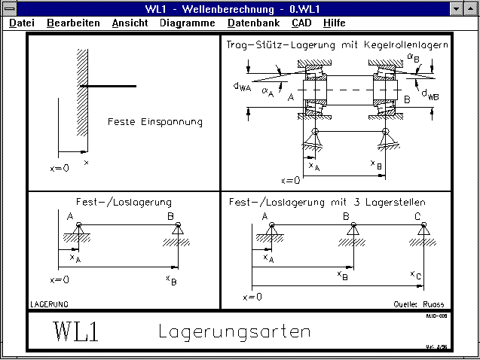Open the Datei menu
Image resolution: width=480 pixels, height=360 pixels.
[x=22, y=23]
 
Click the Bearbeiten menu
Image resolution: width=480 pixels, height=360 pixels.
[x=73, y=23]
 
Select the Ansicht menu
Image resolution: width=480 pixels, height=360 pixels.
[x=130, y=23]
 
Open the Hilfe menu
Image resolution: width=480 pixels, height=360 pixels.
[x=334, y=23]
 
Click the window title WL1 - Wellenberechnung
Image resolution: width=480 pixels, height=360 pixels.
[x=240, y=8]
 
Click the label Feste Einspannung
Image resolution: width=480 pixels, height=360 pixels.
[x=155, y=121]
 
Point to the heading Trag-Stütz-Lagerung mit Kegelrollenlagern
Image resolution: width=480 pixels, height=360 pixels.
[x=337, y=44]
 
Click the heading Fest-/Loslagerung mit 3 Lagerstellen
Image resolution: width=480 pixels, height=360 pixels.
[x=327, y=202]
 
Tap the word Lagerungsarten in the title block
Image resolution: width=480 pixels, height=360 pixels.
[x=234, y=331]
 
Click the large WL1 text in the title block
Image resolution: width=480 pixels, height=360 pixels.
[x=75, y=331]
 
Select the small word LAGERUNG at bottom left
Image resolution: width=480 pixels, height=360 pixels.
[x=49, y=304]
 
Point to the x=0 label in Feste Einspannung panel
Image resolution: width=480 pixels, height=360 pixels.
[x=60, y=168]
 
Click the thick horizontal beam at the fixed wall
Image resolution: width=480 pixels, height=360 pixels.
[x=109, y=87]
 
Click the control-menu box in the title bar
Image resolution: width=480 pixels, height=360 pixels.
[x=8, y=8]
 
